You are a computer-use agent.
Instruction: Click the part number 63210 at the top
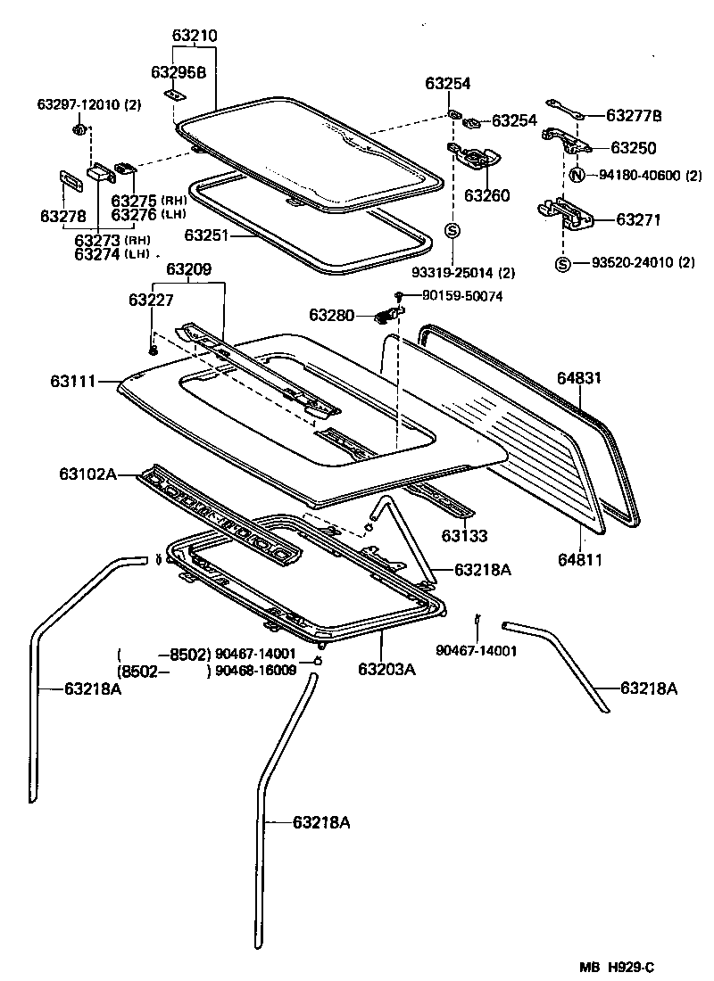click(194, 37)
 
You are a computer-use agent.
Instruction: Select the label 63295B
click(178, 72)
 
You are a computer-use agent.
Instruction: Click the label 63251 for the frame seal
click(207, 235)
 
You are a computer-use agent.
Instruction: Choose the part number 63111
click(72, 382)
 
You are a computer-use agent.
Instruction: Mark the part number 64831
click(581, 378)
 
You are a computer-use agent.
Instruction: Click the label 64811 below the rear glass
click(581, 560)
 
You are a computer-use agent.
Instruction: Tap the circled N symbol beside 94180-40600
click(577, 175)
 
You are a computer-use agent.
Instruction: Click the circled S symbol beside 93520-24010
click(562, 262)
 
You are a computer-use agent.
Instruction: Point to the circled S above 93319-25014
click(452, 232)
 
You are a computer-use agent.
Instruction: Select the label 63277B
click(634, 115)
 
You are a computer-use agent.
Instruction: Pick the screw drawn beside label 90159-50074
click(400, 296)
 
